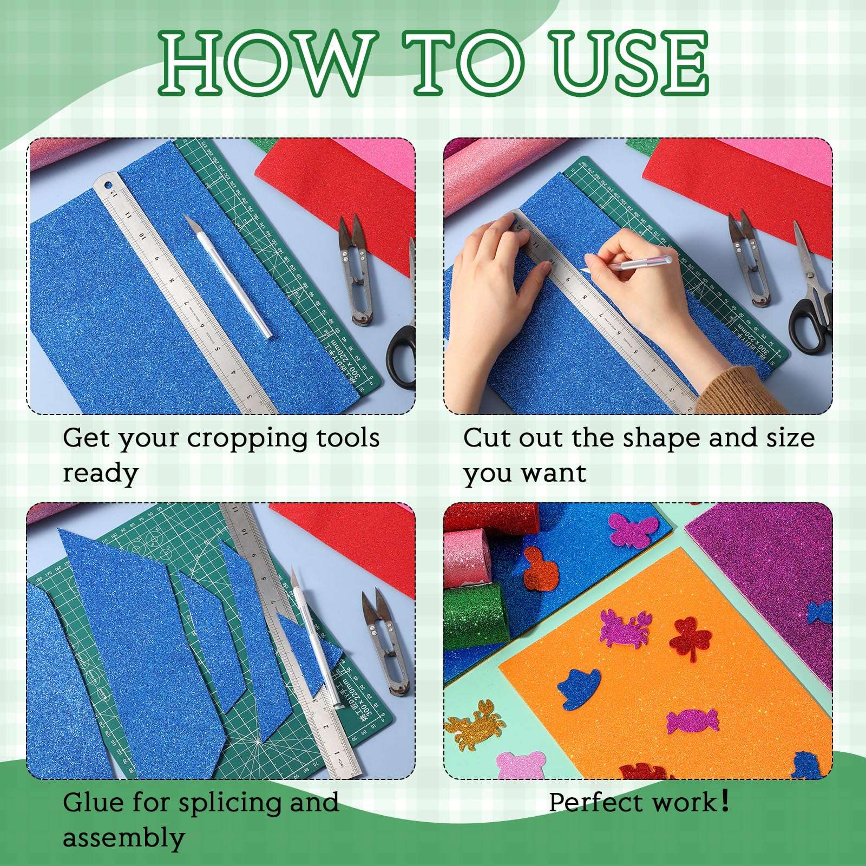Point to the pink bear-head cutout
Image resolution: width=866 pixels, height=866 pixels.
pyautogui.click(x=521, y=765)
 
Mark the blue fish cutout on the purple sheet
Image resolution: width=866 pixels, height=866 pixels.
pyautogui.click(x=819, y=612)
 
